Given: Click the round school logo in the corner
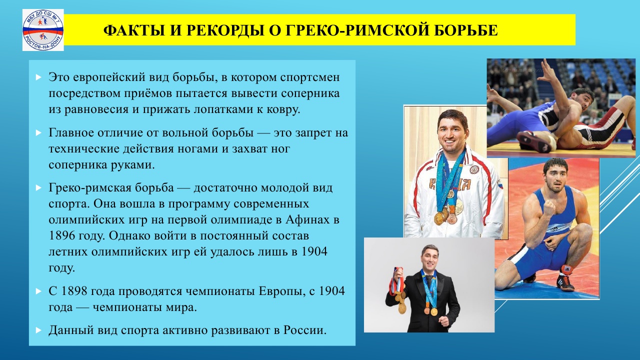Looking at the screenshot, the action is pyautogui.click(x=43, y=30).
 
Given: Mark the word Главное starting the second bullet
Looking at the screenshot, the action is pyautogui.click(x=71, y=133).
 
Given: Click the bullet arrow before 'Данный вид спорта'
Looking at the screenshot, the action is pyautogui.click(x=38, y=330).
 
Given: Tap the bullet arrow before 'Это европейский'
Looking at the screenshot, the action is pyautogui.click(x=38, y=77).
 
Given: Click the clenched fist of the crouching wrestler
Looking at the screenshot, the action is pyautogui.click(x=549, y=208).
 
